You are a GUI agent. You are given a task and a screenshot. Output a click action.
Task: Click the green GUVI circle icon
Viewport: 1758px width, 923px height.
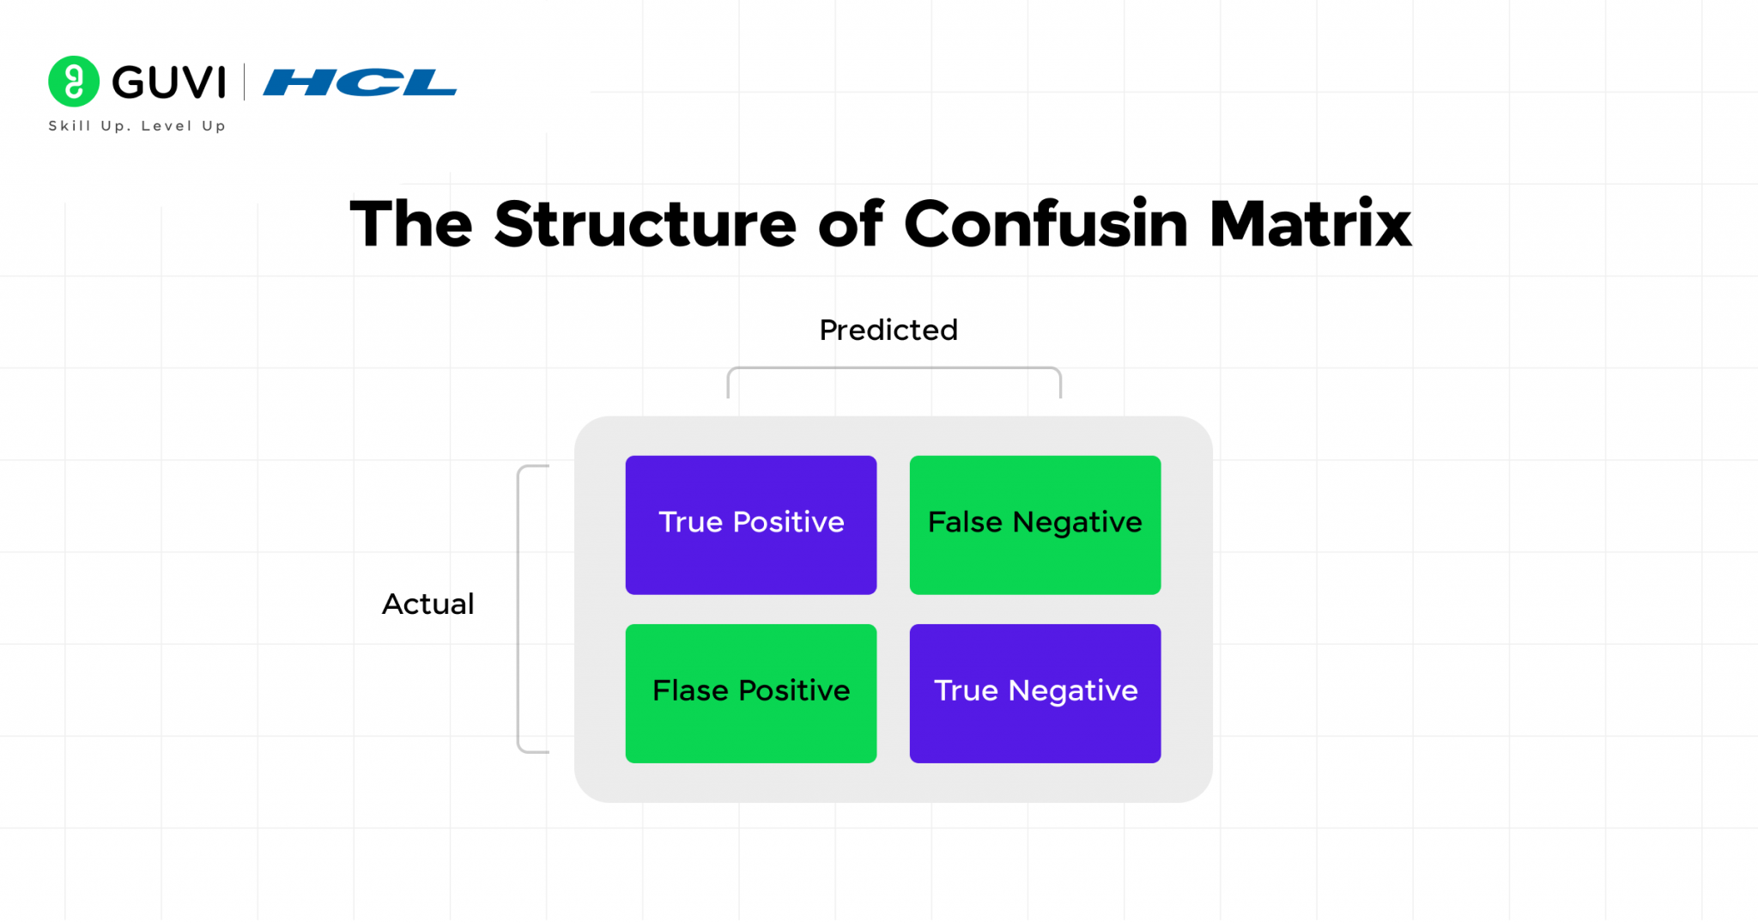point(74,82)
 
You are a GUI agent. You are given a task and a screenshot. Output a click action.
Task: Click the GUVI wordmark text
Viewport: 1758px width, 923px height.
point(169,82)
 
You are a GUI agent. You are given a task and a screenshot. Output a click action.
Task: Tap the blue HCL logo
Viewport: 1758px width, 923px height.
point(360,82)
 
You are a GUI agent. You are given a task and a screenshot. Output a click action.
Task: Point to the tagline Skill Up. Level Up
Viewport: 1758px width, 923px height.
point(136,125)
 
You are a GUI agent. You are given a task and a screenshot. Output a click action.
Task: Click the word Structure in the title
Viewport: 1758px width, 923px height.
point(646,224)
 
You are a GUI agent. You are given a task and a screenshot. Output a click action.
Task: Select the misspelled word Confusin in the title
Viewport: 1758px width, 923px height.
point(1046,224)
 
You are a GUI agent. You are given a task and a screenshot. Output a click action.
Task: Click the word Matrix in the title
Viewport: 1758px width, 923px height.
point(1310,224)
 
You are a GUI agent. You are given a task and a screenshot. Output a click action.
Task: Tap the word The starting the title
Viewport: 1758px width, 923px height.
point(411,224)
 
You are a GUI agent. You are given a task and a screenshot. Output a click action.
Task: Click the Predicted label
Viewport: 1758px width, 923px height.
point(888,330)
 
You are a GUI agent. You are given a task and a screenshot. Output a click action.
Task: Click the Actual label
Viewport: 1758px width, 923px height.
point(427,604)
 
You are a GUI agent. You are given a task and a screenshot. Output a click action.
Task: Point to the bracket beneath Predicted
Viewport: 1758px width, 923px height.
point(894,370)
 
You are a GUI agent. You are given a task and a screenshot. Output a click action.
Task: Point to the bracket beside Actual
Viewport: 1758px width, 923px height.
point(520,609)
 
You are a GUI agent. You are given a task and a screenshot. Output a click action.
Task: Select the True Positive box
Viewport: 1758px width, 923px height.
point(751,525)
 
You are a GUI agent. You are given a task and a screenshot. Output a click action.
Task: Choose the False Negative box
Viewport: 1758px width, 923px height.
point(1035,525)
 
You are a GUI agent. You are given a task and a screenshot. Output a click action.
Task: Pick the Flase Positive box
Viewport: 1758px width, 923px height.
point(751,693)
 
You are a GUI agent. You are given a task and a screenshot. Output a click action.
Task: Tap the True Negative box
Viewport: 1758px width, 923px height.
point(1035,693)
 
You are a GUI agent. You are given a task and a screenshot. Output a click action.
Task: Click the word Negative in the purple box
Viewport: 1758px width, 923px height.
point(1073,691)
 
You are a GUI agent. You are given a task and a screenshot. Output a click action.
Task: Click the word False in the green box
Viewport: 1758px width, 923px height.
point(965,522)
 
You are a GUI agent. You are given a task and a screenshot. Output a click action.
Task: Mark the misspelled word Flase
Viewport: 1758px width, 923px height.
point(690,690)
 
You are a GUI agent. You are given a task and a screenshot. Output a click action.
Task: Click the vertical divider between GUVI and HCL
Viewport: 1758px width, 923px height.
point(245,82)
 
